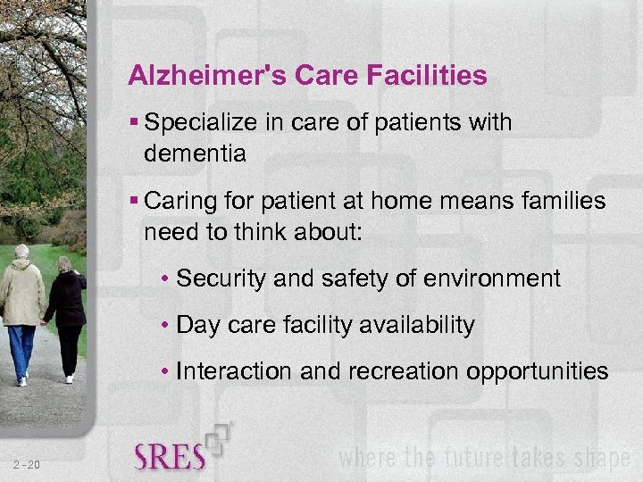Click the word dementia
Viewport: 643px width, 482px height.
(195, 154)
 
